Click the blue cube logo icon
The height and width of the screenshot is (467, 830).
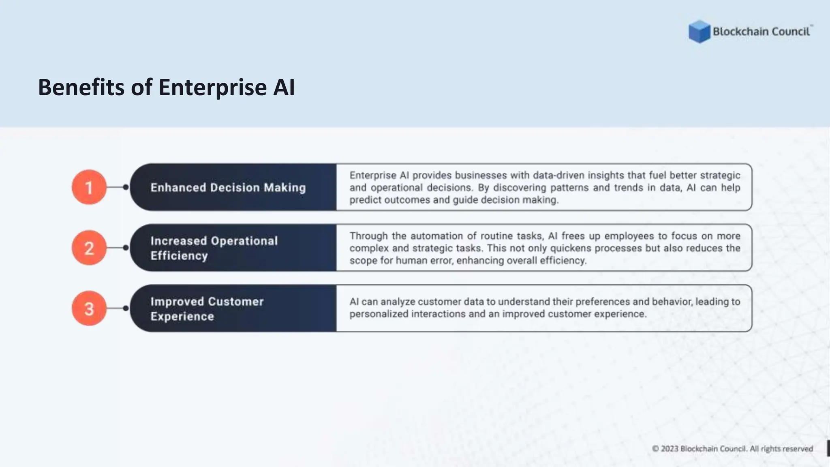(699, 32)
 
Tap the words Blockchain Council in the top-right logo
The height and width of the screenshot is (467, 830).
(761, 32)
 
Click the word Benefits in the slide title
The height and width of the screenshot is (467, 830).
(81, 87)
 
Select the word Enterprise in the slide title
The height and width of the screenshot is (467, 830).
(212, 87)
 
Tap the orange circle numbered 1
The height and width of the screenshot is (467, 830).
(89, 187)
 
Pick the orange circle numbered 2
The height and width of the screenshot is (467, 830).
(89, 248)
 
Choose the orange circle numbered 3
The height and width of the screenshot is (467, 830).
(89, 308)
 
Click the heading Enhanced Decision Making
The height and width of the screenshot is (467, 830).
(228, 188)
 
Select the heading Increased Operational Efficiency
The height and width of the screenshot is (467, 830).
(214, 248)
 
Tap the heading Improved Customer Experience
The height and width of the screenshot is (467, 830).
(207, 309)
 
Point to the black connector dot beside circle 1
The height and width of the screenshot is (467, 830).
(126, 187)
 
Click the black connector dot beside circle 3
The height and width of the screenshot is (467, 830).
(126, 308)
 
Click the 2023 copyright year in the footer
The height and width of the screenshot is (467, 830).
(670, 449)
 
